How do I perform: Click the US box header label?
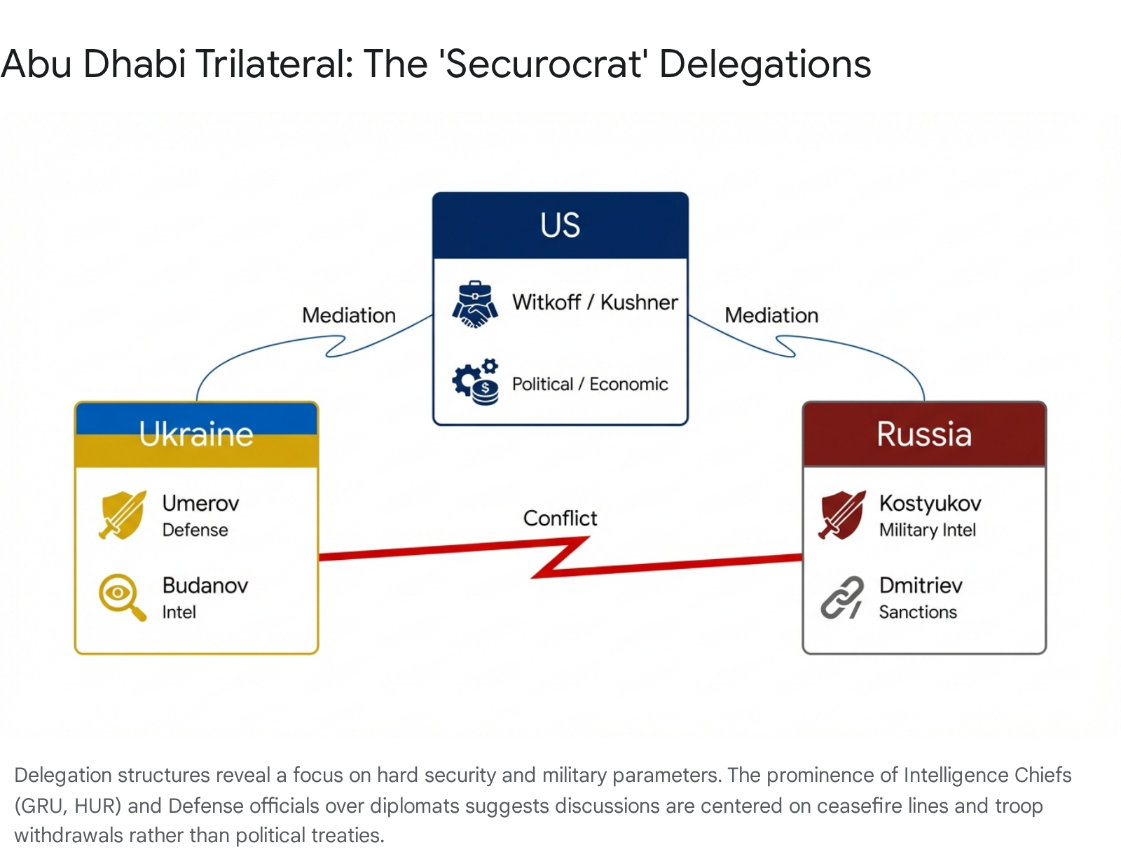click(560, 225)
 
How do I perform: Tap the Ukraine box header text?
click(196, 434)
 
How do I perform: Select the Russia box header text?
click(924, 434)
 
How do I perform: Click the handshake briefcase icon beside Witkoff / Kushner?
click(475, 304)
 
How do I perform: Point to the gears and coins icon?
click(475, 382)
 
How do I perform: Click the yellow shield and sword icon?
click(123, 515)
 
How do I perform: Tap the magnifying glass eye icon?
click(123, 598)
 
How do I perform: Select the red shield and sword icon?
click(842, 515)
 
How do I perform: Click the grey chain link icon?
click(842, 598)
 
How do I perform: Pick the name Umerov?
click(200, 503)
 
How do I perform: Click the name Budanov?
click(205, 586)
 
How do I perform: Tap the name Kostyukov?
click(930, 504)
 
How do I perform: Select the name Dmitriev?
click(921, 586)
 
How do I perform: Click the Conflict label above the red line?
click(560, 518)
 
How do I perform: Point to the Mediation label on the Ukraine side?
click(349, 315)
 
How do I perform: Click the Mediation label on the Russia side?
click(771, 315)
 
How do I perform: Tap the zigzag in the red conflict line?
click(560, 557)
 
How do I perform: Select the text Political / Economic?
click(590, 385)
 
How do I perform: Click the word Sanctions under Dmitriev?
click(918, 612)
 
